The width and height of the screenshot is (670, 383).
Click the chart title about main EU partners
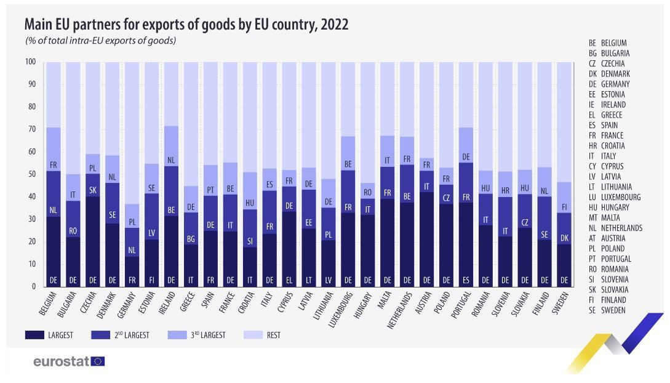[x=186, y=25]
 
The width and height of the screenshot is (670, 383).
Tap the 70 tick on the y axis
[x=31, y=129]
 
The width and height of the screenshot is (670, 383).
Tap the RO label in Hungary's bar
[x=369, y=192]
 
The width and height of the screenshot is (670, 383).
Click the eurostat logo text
[x=61, y=361]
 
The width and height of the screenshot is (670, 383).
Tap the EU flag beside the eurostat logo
[x=98, y=361]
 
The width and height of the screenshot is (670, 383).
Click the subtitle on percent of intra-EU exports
[x=101, y=41]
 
